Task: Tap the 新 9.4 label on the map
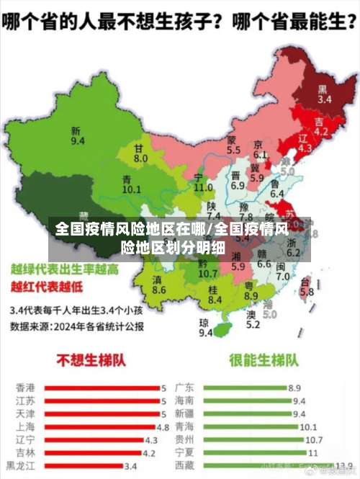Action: coord(77,135)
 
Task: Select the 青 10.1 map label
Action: coord(131,184)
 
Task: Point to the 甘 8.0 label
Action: coord(140,153)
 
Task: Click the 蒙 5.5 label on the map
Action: coord(233,146)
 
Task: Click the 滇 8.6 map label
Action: coord(159,284)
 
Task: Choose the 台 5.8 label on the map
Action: coord(307,287)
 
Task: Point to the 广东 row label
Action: coord(185,388)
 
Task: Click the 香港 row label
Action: coord(24,388)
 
